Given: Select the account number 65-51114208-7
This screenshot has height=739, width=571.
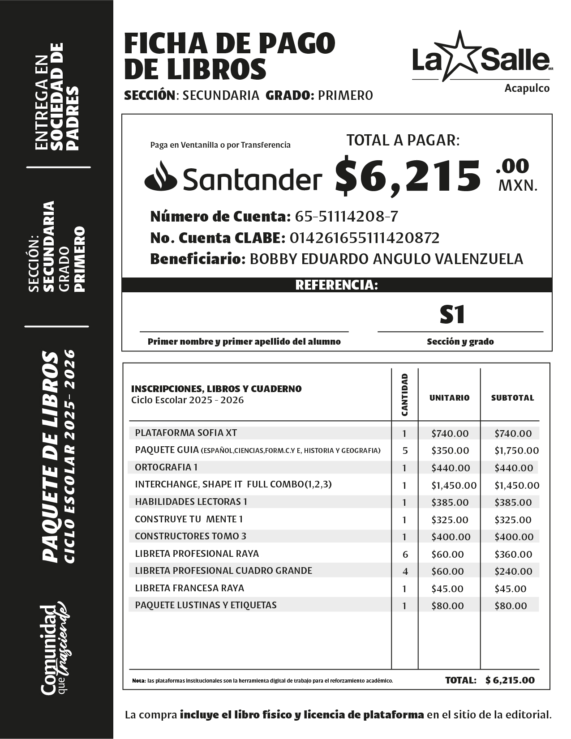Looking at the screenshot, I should click(346, 217).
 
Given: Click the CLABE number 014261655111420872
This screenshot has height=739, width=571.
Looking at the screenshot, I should click(365, 238).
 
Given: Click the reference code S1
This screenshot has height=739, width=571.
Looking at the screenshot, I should click(452, 315).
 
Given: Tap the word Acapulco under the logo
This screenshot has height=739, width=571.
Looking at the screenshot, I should click(527, 88).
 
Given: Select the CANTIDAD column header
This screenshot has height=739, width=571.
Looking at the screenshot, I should click(405, 395).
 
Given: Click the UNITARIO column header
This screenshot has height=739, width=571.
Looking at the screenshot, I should click(449, 397).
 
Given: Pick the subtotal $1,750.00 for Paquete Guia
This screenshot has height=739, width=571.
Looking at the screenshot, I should click(516, 451).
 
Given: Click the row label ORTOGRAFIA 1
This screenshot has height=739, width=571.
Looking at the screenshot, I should click(166, 467).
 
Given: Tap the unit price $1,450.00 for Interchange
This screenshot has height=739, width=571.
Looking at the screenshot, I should click(454, 485).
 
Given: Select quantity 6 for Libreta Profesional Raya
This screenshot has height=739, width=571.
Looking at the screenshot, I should click(405, 554).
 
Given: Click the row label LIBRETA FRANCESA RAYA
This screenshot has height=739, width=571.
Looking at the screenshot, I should click(189, 588).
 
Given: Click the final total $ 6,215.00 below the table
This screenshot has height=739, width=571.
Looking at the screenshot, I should click(510, 680).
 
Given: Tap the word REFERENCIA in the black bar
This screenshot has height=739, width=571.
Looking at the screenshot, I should click(336, 285).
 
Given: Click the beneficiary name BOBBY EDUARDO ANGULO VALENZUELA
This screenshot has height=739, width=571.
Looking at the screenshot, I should click(386, 259).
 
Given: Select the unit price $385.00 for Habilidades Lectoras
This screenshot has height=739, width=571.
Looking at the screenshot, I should click(450, 503).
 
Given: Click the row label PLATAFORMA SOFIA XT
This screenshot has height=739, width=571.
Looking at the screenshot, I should click(186, 433).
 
